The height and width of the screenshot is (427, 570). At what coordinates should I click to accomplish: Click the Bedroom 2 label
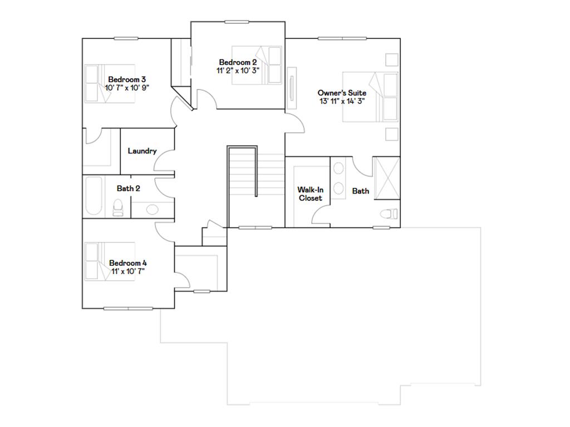pos(238,62)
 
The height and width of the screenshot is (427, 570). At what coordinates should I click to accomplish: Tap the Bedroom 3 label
pos(127,79)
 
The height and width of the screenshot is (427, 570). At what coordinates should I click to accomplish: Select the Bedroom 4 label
pos(128,263)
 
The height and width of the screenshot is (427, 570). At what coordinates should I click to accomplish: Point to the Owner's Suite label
pos(342,93)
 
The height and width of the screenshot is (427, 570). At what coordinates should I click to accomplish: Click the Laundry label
pos(142,151)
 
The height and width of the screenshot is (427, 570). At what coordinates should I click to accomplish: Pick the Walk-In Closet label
pos(310,194)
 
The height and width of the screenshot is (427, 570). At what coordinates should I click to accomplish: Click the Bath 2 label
pos(128,188)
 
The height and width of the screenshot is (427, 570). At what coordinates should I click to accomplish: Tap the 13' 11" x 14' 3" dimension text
pos(342,101)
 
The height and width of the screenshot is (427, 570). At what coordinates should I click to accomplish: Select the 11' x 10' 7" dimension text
pos(128,271)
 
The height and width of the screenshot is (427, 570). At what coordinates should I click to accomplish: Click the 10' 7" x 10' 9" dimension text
pos(127,87)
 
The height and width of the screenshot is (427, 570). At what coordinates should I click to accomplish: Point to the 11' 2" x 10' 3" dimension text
pos(238,71)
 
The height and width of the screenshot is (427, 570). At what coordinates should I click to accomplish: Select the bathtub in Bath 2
pos(94,197)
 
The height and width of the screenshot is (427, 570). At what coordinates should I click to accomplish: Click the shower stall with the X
pos(385,178)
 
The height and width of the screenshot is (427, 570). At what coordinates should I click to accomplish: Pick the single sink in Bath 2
pos(151,210)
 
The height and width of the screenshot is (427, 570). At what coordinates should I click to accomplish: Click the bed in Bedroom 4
pos(110,261)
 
